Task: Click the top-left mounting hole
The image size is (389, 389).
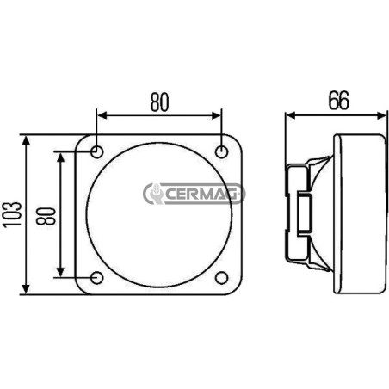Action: click(97, 151)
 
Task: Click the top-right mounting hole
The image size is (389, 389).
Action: click(221, 151)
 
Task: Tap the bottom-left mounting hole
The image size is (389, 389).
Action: click(97, 278)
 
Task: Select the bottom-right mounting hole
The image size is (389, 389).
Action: click(221, 278)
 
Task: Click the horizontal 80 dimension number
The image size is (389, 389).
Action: click(160, 102)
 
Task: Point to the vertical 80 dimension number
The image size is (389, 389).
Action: click(46, 216)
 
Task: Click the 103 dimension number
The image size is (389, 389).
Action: click(12, 214)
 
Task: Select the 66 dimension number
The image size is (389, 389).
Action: click(339, 101)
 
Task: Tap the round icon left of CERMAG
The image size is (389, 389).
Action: click(156, 194)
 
